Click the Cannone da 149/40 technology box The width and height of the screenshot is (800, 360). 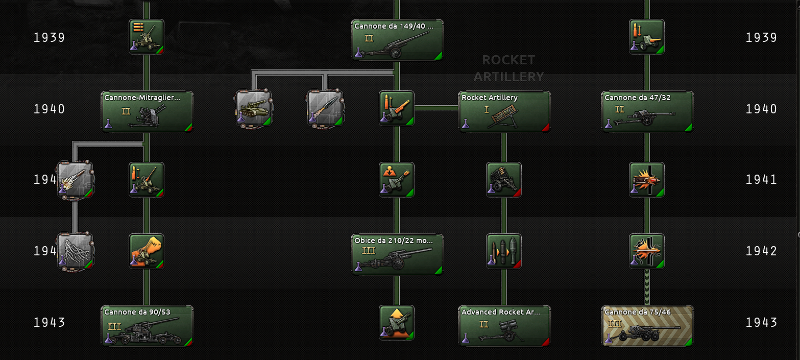click(x=397, y=40)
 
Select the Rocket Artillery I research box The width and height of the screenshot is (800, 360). click(x=504, y=112)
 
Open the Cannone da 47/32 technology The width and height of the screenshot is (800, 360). click(x=647, y=112)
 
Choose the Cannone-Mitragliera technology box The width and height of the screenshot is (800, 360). click(x=147, y=112)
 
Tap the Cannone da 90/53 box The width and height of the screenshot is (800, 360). click(x=147, y=326)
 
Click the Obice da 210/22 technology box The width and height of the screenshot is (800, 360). click(x=397, y=255)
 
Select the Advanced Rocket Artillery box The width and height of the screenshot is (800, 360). click(x=504, y=326)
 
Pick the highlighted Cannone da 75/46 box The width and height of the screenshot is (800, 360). click(x=647, y=326)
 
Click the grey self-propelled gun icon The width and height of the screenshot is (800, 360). click(x=254, y=108)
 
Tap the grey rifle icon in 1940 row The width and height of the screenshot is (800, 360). click(x=325, y=108)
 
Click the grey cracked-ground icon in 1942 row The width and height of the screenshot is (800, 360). click(x=75, y=251)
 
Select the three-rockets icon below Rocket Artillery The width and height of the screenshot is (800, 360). click(x=504, y=251)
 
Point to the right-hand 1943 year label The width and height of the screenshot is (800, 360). click(x=761, y=323)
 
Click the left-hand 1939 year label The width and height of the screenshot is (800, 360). click(x=50, y=38)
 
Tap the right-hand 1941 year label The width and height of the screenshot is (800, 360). click(x=761, y=180)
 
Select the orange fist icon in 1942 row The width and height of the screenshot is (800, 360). click(x=147, y=251)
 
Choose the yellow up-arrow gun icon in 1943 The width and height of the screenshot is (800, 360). click(x=397, y=323)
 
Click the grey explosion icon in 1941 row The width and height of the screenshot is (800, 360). click(x=75, y=180)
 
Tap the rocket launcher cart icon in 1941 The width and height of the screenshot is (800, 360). click(x=504, y=180)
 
